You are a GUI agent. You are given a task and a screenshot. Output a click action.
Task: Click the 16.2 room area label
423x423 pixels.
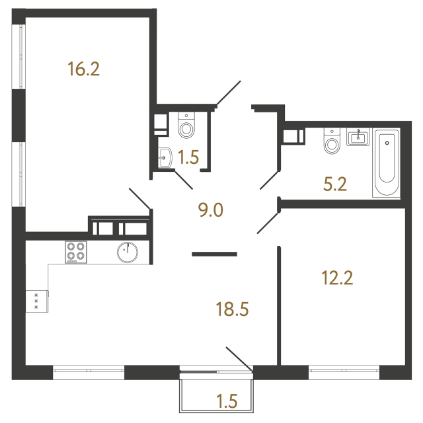pos(83,69)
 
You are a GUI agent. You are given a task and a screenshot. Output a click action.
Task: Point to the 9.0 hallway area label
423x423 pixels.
pos(211,210)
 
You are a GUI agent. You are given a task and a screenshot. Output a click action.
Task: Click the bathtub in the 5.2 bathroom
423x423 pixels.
pos(387,164)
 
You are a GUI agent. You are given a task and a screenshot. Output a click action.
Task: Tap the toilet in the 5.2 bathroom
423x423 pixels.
pos(331,141)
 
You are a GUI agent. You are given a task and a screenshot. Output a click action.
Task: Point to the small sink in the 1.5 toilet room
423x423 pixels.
pos(165,157)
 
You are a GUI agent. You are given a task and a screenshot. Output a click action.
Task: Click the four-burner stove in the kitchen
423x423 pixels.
pos(75,252)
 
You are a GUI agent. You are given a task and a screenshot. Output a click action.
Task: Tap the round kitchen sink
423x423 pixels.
pos(127,252)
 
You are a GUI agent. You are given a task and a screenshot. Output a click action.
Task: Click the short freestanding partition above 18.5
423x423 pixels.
pos(214,253)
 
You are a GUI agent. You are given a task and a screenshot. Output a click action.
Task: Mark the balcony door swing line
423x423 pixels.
pos(239,358)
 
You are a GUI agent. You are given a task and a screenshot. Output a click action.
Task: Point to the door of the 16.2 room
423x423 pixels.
pos(140,200)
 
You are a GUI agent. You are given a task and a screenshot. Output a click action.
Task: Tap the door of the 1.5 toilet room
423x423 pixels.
pos(184,178)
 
